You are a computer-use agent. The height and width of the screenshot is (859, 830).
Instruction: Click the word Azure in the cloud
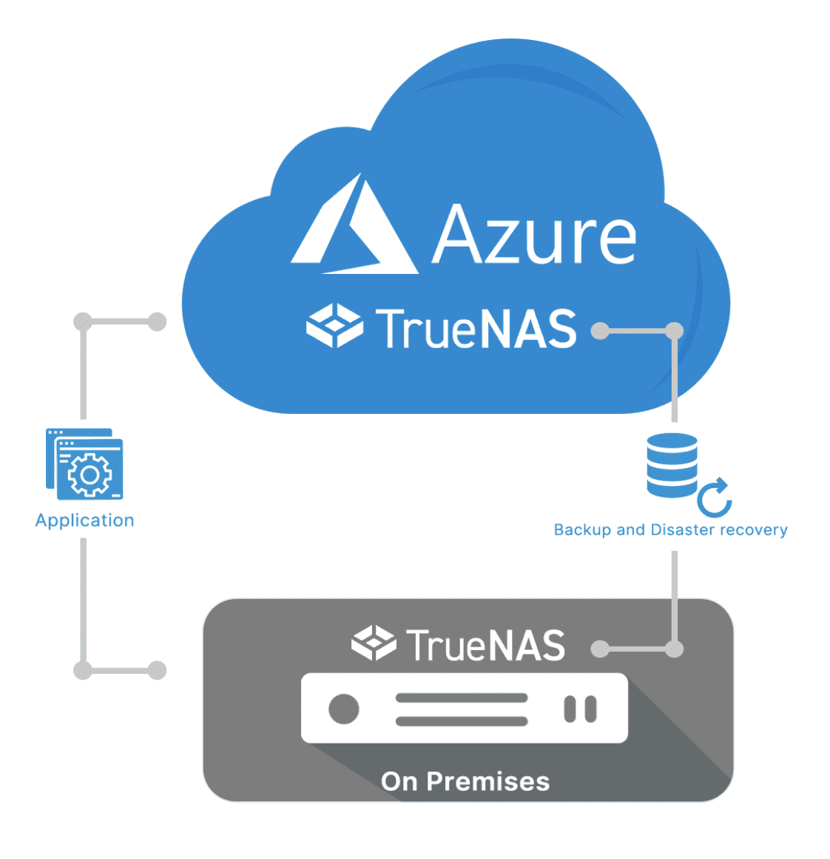click(x=534, y=235)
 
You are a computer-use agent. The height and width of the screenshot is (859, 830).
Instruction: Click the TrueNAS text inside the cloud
click(x=476, y=329)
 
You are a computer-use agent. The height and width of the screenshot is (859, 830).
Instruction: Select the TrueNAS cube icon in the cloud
click(x=334, y=325)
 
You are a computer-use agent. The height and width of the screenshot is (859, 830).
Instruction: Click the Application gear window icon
click(x=84, y=464)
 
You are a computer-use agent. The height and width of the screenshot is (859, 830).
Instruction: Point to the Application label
click(x=85, y=521)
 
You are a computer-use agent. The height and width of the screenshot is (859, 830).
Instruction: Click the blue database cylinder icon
click(x=672, y=465)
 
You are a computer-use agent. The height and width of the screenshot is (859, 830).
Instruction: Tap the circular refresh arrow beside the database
click(x=715, y=498)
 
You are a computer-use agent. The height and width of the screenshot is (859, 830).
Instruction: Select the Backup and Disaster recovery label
click(x=670, y=530)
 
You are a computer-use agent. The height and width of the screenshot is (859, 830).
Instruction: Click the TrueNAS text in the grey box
click(x=485, y=645)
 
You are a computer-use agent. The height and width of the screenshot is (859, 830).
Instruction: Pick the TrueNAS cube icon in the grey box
click(x=374, y=642)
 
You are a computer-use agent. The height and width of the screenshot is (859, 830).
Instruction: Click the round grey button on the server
click(x=344, y=709)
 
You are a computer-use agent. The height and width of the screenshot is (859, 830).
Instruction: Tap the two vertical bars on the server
click(x=580, y=709)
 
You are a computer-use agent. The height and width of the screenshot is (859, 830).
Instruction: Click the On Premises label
click(x=465, y=781)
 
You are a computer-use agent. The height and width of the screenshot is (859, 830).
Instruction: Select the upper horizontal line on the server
click(x=462, y=698)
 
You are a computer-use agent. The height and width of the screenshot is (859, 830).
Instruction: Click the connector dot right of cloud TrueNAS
click(x=601, y=330)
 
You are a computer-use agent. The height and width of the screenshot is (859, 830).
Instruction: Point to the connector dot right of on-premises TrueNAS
click(x=601, y=649)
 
